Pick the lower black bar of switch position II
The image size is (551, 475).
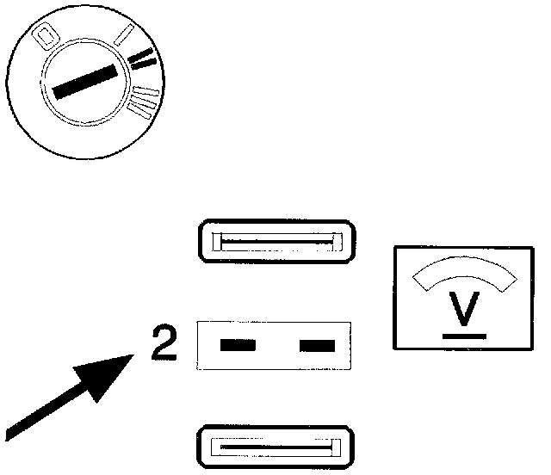pyautogui.click(x=145, y=62)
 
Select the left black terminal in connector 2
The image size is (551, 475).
pyautogui.click(x=238, y=346)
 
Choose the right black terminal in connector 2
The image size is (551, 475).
pyautogui.click(x=316, y=346)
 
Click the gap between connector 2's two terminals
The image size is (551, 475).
pyautogui.click(x=277, y=346)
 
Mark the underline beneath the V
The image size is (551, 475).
pyautogui.click(x=465, y=335)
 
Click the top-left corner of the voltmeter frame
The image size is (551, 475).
pyautogui.click(x=394, y=248)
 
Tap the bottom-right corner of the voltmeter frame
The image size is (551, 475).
pyautogui.click(x=534, y=349)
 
